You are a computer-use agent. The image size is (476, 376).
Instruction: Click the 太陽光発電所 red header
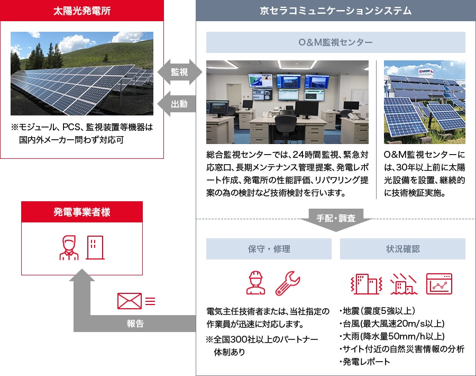pos(82,11)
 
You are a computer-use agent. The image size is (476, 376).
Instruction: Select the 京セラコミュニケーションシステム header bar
pos(336,11)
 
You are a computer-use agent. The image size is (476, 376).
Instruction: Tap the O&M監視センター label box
pos(336,42)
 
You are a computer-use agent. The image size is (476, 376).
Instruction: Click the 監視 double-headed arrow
pos(179,72)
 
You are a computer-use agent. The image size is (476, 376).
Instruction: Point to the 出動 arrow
pos(177,104)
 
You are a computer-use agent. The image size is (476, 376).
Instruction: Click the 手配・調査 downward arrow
pos(336,219)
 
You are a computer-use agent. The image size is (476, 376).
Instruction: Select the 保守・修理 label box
pos(269,249)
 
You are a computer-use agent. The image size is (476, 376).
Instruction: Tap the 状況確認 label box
pos(403,249)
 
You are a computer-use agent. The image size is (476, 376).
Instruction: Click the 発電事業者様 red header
pos(82,212)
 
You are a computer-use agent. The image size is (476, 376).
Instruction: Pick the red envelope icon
pos(130,301)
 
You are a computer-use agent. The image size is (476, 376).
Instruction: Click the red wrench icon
pos(288,283)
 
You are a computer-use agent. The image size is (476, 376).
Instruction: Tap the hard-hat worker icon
pos(255,283)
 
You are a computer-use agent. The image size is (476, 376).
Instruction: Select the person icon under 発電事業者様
pos(69,248)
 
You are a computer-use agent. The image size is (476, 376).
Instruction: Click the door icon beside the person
pos(95,247)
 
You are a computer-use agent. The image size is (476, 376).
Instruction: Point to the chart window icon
pos(439,284)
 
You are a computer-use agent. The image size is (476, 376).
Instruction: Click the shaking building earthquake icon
pos(366,284)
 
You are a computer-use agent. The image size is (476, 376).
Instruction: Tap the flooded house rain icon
pos(404,284)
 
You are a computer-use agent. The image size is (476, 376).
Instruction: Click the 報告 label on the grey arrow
pos(135,324)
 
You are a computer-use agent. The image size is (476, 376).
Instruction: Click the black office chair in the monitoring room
pos(286,125)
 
